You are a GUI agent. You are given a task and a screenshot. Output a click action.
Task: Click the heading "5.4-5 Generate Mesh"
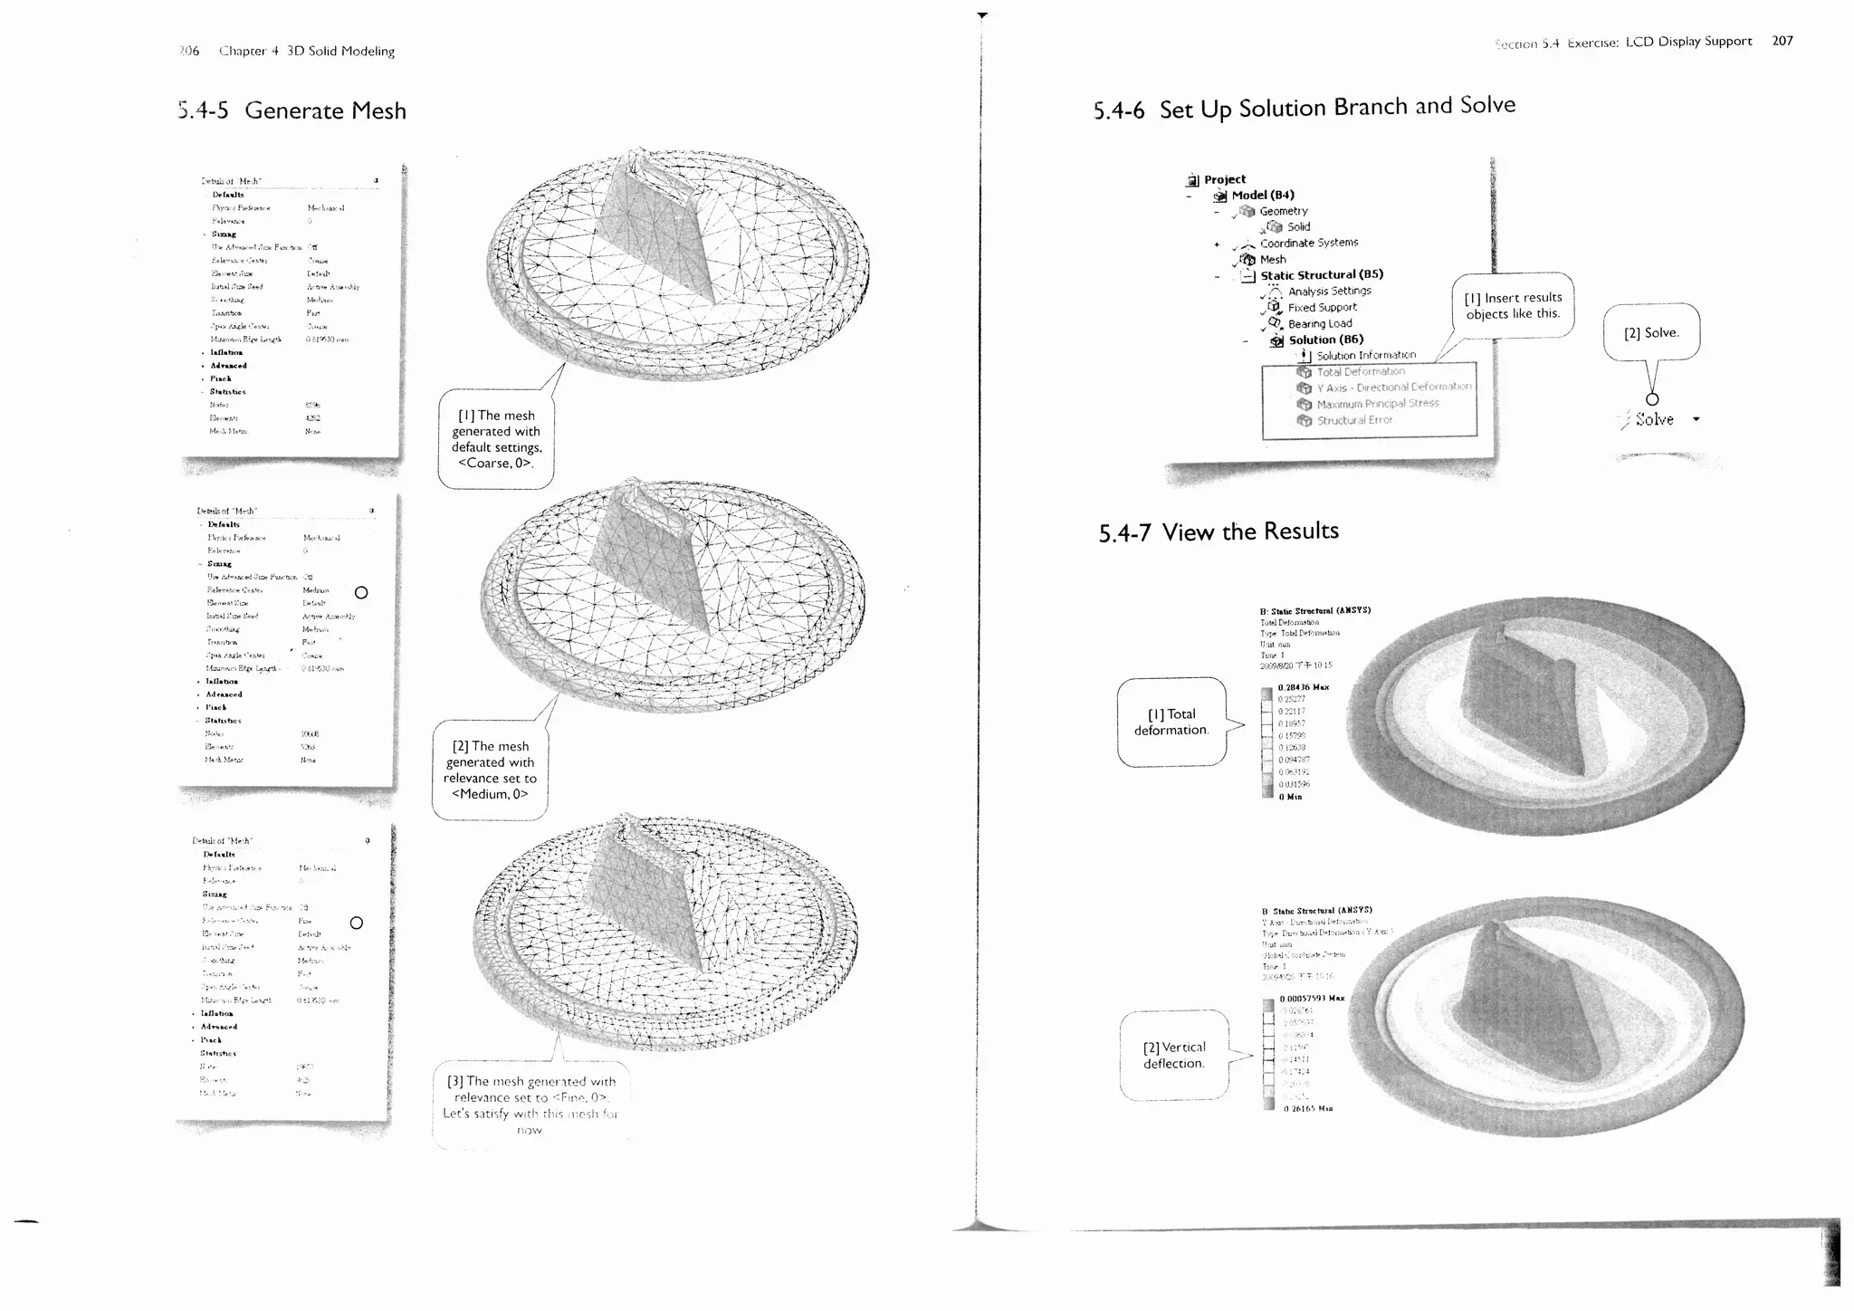tap(292, 111)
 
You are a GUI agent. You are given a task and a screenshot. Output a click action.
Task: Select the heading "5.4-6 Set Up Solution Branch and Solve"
tap(1304, 108)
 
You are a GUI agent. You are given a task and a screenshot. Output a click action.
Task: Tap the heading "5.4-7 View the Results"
tap(1218, 532)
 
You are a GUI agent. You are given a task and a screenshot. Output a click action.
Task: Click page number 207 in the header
tap(1782, 41)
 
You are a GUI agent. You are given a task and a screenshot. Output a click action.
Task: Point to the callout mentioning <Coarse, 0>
tap(495, 440)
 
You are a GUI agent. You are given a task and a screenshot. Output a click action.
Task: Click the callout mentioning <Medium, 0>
tap(490, 770)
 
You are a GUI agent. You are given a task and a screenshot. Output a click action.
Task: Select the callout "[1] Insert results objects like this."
tap(1513, 306)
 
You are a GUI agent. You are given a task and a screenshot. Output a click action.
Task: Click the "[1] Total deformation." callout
tap(1171, 722)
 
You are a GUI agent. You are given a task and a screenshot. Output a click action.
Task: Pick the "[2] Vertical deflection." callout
tap(1174, 1056)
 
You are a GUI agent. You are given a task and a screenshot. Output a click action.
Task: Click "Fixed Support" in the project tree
tap(1322, 308)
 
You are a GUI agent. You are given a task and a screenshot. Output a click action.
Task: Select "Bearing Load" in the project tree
tap(1320, 324)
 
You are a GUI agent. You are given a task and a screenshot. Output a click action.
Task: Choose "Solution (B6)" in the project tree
tap(1325, 340)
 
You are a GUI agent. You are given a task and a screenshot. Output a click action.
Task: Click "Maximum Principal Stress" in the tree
tap(1377, 404)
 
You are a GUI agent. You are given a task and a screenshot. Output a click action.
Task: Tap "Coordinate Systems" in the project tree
tap(1308, 244)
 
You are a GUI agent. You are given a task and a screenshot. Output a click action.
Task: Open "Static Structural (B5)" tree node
tap(1321, 275)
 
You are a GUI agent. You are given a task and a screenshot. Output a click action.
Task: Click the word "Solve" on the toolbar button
tap(1654, 420)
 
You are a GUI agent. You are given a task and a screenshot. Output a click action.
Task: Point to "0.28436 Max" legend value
tap(1303, 688)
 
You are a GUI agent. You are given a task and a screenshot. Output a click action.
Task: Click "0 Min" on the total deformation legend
tap(1290, 797)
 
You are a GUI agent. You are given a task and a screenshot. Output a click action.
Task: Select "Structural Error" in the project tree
tap(1354, 420)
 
